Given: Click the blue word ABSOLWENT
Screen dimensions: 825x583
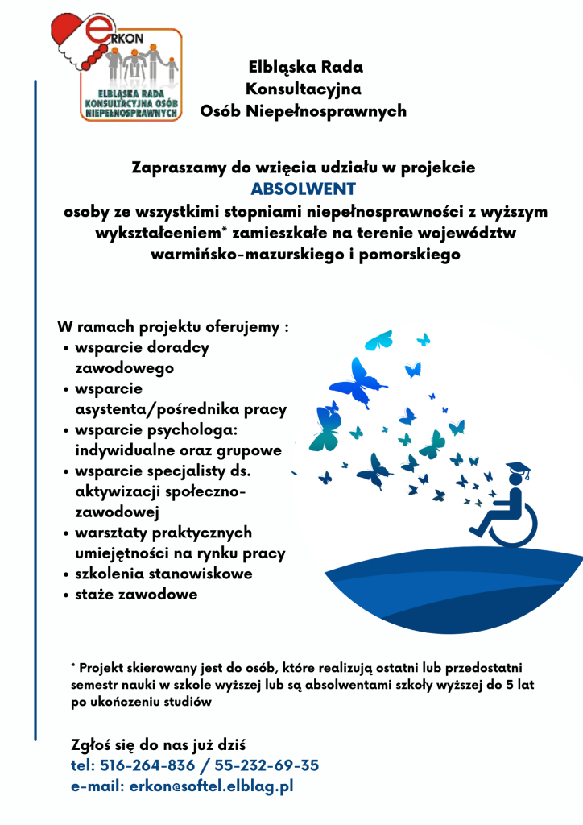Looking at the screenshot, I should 303,190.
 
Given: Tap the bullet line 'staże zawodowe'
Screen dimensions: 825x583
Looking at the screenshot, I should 135,595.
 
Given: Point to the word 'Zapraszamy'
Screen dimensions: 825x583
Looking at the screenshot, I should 172,168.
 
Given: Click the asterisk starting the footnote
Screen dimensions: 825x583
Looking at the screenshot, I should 73,665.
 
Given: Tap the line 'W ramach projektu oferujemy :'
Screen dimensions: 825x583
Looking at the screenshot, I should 172,328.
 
